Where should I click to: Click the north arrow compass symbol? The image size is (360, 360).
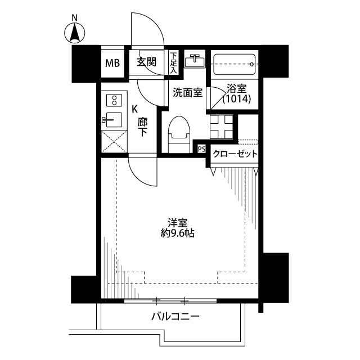(x=74, y=33)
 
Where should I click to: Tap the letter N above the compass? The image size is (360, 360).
(x=74, y=17)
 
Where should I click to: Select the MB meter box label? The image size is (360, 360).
(x=112, y=63)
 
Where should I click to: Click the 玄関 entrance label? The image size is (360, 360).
(x=146, y=62)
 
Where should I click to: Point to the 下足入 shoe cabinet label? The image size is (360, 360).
(x=174, y=63)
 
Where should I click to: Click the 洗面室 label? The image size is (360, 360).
(x=187, y=92)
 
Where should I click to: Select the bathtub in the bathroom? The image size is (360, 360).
(x=235, y=64)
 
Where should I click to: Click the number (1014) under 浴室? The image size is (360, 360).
(x=237, y=99)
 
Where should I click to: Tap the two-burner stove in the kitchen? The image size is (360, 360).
(x=114, y=100)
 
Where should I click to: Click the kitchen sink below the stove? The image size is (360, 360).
(x=112, y=120)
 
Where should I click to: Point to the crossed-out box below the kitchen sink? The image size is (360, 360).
(x=114, y=141)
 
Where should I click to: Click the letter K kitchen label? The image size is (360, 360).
(x=134, y=109)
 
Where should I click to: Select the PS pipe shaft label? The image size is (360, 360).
(x=201, y=149)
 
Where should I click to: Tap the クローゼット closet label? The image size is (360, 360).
(x=235, y=154)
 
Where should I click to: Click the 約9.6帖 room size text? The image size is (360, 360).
(x=177, y=233)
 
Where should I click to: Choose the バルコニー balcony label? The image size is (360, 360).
(x=175, y=317)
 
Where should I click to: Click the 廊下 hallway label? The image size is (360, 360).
(x=142, y=127)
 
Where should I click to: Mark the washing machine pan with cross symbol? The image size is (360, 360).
(x=222, y=127)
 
